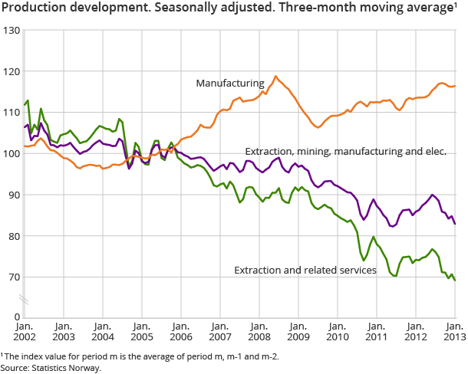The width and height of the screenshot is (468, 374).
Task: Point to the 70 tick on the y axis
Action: pyautogui.click(x=12, y=277)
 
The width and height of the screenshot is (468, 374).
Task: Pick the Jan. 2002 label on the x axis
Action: pyautogui.click(x=24, y=330)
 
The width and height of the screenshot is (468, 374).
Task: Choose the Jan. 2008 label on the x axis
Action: pyautogui.click(x=258, y=330)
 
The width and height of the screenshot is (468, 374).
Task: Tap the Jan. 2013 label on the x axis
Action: pyautogui.click(x=454, y=330)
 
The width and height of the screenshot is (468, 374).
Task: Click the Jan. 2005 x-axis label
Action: pyautogui.click(x=141, y=330)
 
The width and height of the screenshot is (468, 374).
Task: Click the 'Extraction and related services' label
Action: pyautogui.click(x=305, y=270)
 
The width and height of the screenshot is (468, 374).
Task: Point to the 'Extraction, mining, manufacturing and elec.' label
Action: pyautogui.click(x=345, y=153)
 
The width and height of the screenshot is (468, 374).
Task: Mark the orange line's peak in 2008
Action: pyautogui.click(x=275, y=76)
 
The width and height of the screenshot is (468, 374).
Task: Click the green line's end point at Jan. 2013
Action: pyautogui.click(x=455, y=280)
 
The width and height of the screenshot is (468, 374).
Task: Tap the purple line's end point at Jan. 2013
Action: pyautogui.click(x=455, y=224)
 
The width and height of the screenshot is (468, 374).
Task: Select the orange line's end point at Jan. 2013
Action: pyautogui.click(x=455, y=86)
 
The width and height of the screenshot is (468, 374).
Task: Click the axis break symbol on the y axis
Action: pyautogui.click(x=24, y=297)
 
